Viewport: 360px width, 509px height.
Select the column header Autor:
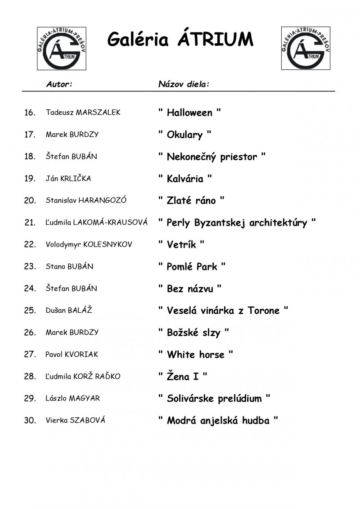click(x=59, y=84)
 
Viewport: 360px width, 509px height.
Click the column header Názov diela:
click(x=184, y=84)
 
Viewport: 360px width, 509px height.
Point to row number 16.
click(x=30, y=113)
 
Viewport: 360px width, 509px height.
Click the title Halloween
click(x=189, y=113)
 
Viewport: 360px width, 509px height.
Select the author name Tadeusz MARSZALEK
click(x=83, y=113)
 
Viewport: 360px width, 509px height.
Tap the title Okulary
click(x=184, y=135)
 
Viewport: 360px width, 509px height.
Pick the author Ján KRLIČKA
click(x=68, y=179)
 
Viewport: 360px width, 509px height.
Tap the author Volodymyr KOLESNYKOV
click(x=89, y=244)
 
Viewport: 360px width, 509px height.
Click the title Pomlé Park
click(x=192, y=266)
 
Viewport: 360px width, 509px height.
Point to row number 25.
click(x=30, y=311)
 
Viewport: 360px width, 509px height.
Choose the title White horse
click(x=195, y=355)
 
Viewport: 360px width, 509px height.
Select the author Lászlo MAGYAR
click(x=72, y=398)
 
